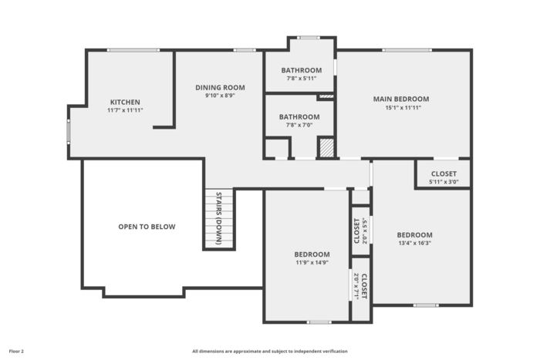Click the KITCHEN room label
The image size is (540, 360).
[x=125, y=103]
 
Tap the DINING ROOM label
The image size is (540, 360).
[x=220, y=87]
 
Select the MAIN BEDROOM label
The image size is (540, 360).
[x=401, y=99]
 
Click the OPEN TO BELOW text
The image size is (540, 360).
[x=147, y=227]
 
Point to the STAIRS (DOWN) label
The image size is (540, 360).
[x=218, y=218]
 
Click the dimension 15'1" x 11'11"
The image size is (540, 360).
[x=403, y=108]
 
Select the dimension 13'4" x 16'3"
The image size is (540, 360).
[x=415, y=243]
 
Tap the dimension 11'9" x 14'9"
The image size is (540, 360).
[x=312, y=263]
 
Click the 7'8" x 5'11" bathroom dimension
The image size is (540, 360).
[x=302, y=79]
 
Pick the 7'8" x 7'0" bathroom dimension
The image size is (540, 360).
[x=299, y=126]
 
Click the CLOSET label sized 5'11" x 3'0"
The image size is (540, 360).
[x=444, y=173]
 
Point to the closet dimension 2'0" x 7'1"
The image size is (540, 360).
[x=356, y=286]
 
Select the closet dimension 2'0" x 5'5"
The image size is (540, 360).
[x=365, y=230]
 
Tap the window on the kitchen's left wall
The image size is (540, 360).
[x=69, y=132]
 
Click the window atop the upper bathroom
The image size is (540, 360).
[x=309, y=38]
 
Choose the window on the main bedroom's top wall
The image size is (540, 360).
[x=407, y=50]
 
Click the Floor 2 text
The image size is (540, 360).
[x=16, y=352]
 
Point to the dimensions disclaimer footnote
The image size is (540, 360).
[x=270, y=352]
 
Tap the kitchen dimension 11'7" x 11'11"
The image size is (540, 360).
[x=125, y=110]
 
